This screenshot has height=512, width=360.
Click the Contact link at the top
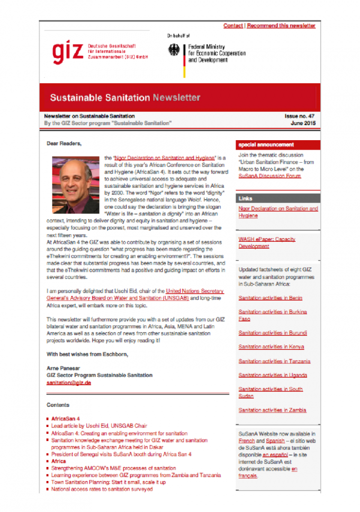tap(233, 26)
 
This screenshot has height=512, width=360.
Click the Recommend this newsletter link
tap(281, 26)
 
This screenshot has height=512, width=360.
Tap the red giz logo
tap(67, 52)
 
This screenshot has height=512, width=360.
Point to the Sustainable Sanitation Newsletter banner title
tap(125, 98)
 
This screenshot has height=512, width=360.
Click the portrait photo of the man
tap(75, 185)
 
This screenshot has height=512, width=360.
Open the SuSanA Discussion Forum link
tap(269, 176)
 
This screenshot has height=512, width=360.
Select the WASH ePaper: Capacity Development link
tap(266, 243)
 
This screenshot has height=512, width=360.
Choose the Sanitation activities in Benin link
tap(270, 298)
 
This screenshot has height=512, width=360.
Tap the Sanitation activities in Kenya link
tap(271, 347)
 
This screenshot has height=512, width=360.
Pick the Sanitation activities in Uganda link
tap(272, 375)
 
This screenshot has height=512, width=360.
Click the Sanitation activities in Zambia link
tap(272, 410)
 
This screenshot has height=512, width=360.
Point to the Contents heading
tap(58, 405)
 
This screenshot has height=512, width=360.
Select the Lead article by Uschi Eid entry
tap(99, 426)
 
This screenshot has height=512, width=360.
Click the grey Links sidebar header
tap(246, 199)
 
